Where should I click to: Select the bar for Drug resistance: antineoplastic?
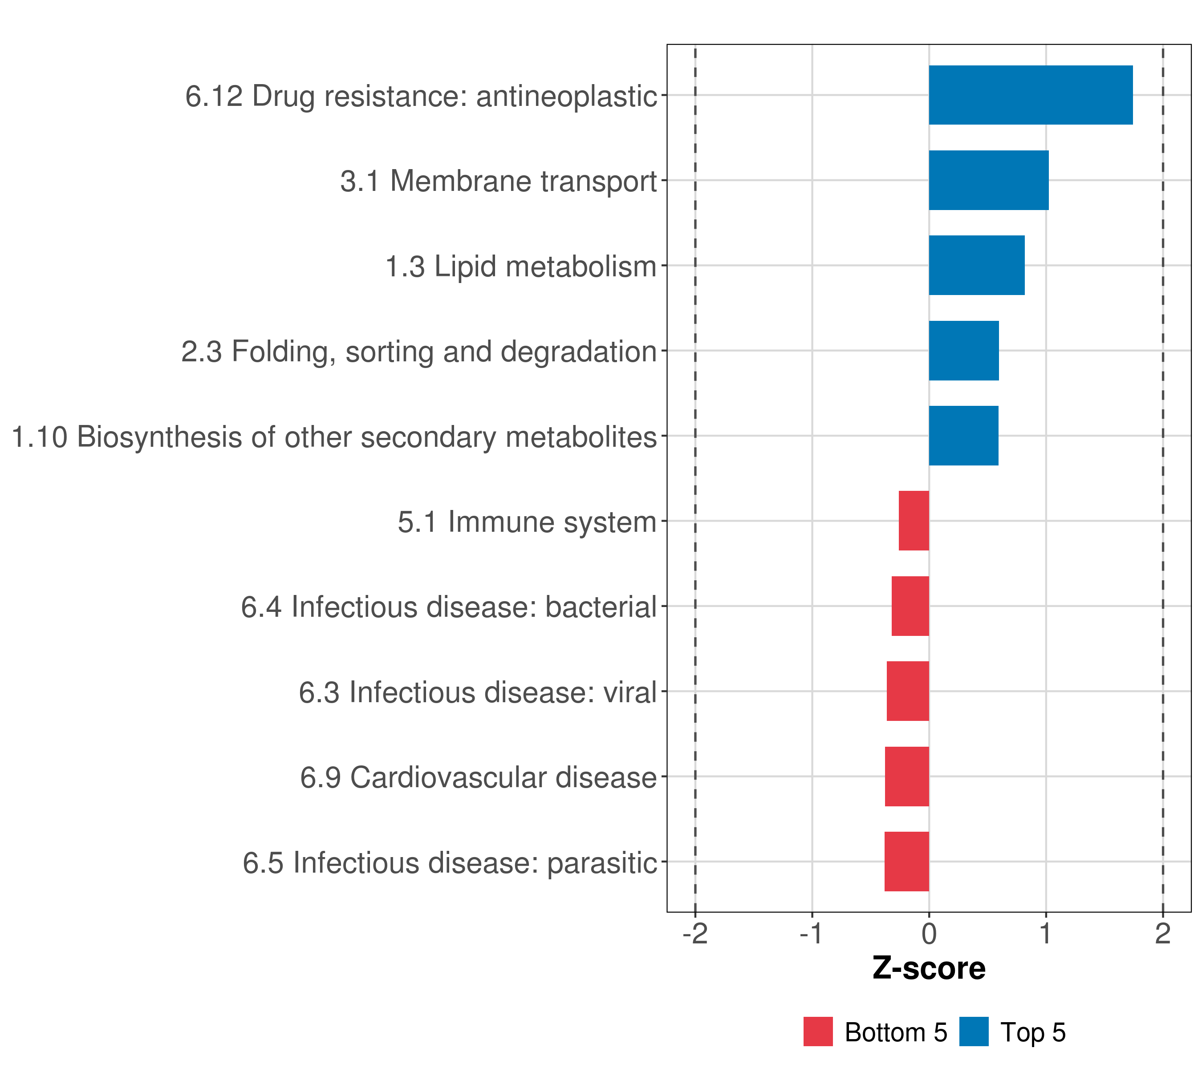click(x=1030, y=95)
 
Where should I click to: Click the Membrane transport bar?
click(x=988, y=181)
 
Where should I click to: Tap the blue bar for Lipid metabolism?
click(x=976, y=266)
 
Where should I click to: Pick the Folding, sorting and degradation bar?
click(x=963, y=351)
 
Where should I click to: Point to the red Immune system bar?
click(x=914, y=521)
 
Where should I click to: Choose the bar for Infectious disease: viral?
click(x=908, y=691)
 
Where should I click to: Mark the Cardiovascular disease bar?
click(x=907, y=777)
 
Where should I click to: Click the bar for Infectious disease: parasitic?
click(x=907, y=862)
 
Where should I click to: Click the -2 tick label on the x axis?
click(x=695, y=934)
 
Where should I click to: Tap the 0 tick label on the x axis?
click(x=929, y=934)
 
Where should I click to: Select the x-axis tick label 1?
click(x=1046, y=934)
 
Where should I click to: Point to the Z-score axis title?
click(x=929, y=969)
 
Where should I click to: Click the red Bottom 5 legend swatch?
click(x=818, y=1032)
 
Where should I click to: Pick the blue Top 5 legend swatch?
click(x=974, y=1032)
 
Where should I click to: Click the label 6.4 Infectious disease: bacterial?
click(x=449, y=607)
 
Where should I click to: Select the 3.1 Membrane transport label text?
click(x=498, y=181)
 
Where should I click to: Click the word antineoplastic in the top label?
click(x=566, y=97)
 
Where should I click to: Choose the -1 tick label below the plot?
click(x=812, y=934)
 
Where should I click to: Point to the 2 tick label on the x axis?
click(x=1162, y=934)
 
